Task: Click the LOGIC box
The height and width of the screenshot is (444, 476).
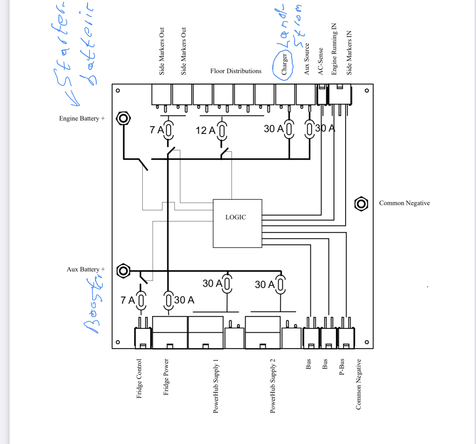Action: point(237,223)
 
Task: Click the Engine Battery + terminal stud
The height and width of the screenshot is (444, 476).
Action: point(123,118)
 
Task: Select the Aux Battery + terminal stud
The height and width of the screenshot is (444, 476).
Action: point(123,271)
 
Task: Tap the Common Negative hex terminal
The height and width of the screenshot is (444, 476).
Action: point(361,204)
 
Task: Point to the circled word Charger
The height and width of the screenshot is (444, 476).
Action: point(284,64)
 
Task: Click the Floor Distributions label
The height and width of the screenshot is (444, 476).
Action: point(236,71)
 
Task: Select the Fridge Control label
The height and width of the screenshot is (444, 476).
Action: point(139,378)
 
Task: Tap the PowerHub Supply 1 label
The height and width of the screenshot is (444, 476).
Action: point(216,386)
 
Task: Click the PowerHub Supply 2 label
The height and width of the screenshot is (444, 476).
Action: point(273,386)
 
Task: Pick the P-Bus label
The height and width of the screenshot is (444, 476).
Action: point(342,367)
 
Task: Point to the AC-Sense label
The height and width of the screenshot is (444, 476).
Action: point(320,61)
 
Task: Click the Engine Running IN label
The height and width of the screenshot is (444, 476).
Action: point(334,49)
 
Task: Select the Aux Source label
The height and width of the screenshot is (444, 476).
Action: point(307,59)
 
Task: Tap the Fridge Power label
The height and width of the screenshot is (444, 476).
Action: point(166,377)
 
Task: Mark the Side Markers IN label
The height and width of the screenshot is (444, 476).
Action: point(349,53)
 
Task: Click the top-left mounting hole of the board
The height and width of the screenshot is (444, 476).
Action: point(118,90)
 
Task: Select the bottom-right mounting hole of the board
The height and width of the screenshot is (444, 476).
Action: point(367,342)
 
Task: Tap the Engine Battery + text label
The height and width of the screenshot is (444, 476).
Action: point(82,118)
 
